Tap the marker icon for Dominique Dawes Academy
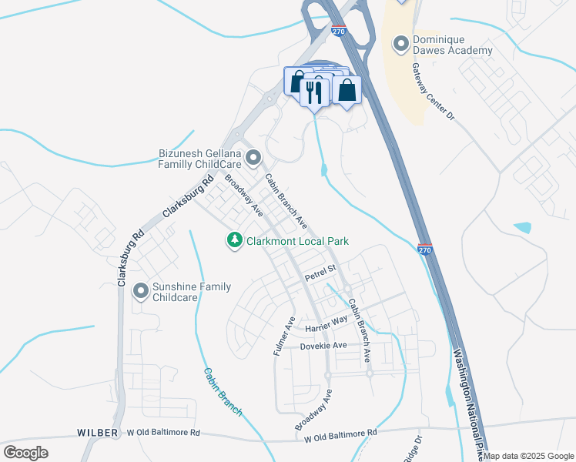pyautogui.click(x=400, y=45)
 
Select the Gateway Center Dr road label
pyautogui.click(x=434, y=92)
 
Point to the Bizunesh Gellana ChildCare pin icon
pyautogui.click(x=254, y=159)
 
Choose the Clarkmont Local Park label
pyautogui.click(x=297, y=241)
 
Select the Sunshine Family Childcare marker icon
pyautogui.click(x=140, y=291)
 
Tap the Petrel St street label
pyautogui.click(x=321, y=272)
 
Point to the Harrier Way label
pyautogui.click(x=327, y=324)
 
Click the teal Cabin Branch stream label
pyautogui.click(x=223, y=391)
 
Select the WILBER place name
pyautogui.click(x=98, y=433)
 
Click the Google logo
pyautogui.click(x=25, y=453)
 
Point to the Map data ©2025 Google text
pyautogui.click(x=529, y=456)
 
